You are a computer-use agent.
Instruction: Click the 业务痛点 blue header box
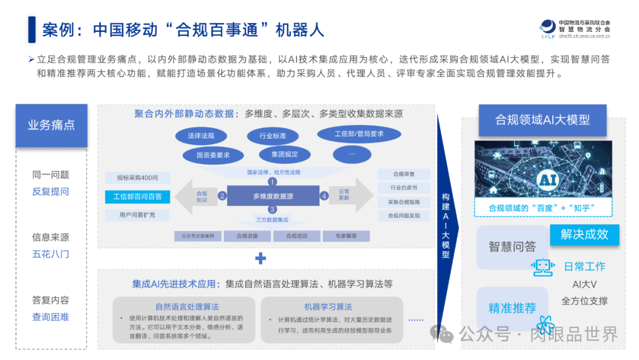coord(51,126)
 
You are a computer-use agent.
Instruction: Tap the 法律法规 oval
coord(201,136)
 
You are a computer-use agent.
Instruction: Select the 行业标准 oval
coord(273,136)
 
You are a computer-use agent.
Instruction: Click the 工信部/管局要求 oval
coord(359,134)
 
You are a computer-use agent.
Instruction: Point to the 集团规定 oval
coord(285,155)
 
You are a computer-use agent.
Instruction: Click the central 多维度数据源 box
coord(273,196)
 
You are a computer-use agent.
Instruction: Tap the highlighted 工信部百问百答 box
coord(137,196)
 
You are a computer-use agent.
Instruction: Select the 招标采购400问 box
coord(137,178)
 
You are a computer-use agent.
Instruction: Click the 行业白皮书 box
coord(404,188)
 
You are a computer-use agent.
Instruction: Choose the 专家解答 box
coord(346,236)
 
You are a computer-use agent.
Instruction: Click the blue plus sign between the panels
coord(260,258)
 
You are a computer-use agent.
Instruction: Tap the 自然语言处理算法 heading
coord(187,307)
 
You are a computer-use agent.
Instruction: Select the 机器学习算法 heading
coord(328,307)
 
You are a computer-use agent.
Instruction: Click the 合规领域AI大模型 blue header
coord(543,120)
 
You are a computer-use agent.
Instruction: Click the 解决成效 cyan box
coord(585,234)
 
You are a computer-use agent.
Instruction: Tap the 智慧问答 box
coord(512,246)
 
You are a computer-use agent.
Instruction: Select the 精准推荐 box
coord(512,308)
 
